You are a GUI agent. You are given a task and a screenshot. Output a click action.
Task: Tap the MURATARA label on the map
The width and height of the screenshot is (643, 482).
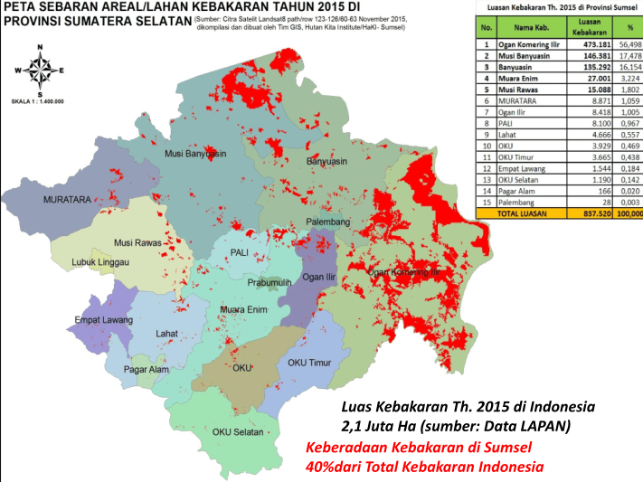coord(43,199)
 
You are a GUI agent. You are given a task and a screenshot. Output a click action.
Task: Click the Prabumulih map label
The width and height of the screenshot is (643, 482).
coord(272,282)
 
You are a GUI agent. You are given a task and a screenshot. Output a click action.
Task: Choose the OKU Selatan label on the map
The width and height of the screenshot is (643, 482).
coord(237,431)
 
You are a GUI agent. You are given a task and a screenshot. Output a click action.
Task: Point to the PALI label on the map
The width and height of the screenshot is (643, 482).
coord(240,252)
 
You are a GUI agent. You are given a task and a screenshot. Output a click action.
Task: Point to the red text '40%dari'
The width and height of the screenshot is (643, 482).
coord(334,467)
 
